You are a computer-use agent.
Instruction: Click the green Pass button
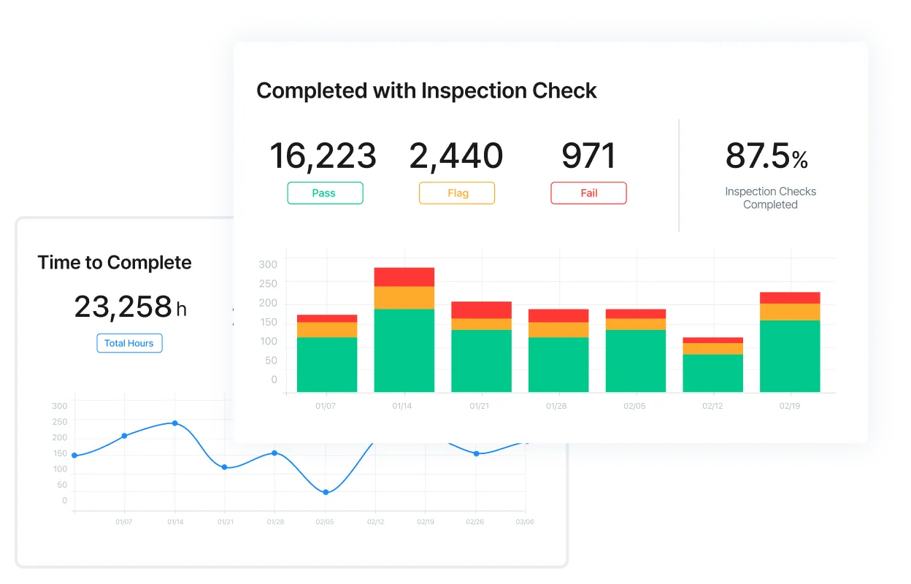[325, 193]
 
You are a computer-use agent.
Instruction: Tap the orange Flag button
[457, 193]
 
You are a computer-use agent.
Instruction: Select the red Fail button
[588, 193]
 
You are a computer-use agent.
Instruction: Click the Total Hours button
[129, 343]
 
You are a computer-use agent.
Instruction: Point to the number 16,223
[323, 155]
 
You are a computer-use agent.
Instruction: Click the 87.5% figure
[766, 155]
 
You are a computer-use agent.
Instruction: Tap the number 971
[588, 155]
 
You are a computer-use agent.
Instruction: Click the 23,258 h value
[130, 307]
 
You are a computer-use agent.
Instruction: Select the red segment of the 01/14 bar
[404, 277]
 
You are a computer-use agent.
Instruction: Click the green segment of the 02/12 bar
[712, 373]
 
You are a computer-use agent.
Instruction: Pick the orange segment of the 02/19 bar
[790, 312]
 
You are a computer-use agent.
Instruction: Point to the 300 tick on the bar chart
[269, 264]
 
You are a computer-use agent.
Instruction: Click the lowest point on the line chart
[326, 492]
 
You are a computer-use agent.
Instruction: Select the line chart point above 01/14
[174, 423]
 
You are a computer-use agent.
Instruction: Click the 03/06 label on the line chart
[525, 522]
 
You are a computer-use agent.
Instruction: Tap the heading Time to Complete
[115, 263]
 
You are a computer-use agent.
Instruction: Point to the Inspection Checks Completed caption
[770, 198]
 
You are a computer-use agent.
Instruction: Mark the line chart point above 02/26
[477, 453]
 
